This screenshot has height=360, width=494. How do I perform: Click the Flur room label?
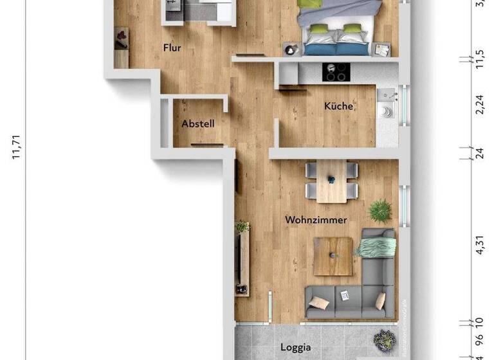pyautogui.click(x=172, y=48)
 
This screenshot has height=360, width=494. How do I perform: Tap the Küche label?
pyautogui.click(x=338, y=106)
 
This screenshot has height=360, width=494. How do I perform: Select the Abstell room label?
pyautogui.click(x=197, y=123)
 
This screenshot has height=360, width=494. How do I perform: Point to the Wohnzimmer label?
pyautogui.click(x=316, y=220)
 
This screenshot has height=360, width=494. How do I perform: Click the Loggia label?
pyautogui.click(x=296, y=347)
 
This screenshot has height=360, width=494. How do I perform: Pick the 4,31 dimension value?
pyautogui.click(x=479, y=244)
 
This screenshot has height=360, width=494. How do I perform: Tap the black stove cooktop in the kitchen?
pyautogui.click(x=334, y=72)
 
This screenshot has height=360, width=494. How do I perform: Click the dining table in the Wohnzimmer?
pyautogui.click(x=332, y=181)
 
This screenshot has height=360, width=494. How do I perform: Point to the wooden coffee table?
pyautogui.click(x=333, y=256)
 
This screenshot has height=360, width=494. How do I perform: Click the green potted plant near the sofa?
pyautogui.click(x=381, y=210)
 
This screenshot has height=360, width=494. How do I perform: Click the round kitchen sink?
pyautogui.click(x=387, y=112)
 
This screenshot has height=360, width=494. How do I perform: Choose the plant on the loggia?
pyautogui.click(x=386, y=339)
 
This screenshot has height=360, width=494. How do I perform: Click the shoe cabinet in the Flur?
pyautogui.click(x=121, y=48)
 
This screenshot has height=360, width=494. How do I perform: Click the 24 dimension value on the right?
pyautogui.click(x=479, y=152)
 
